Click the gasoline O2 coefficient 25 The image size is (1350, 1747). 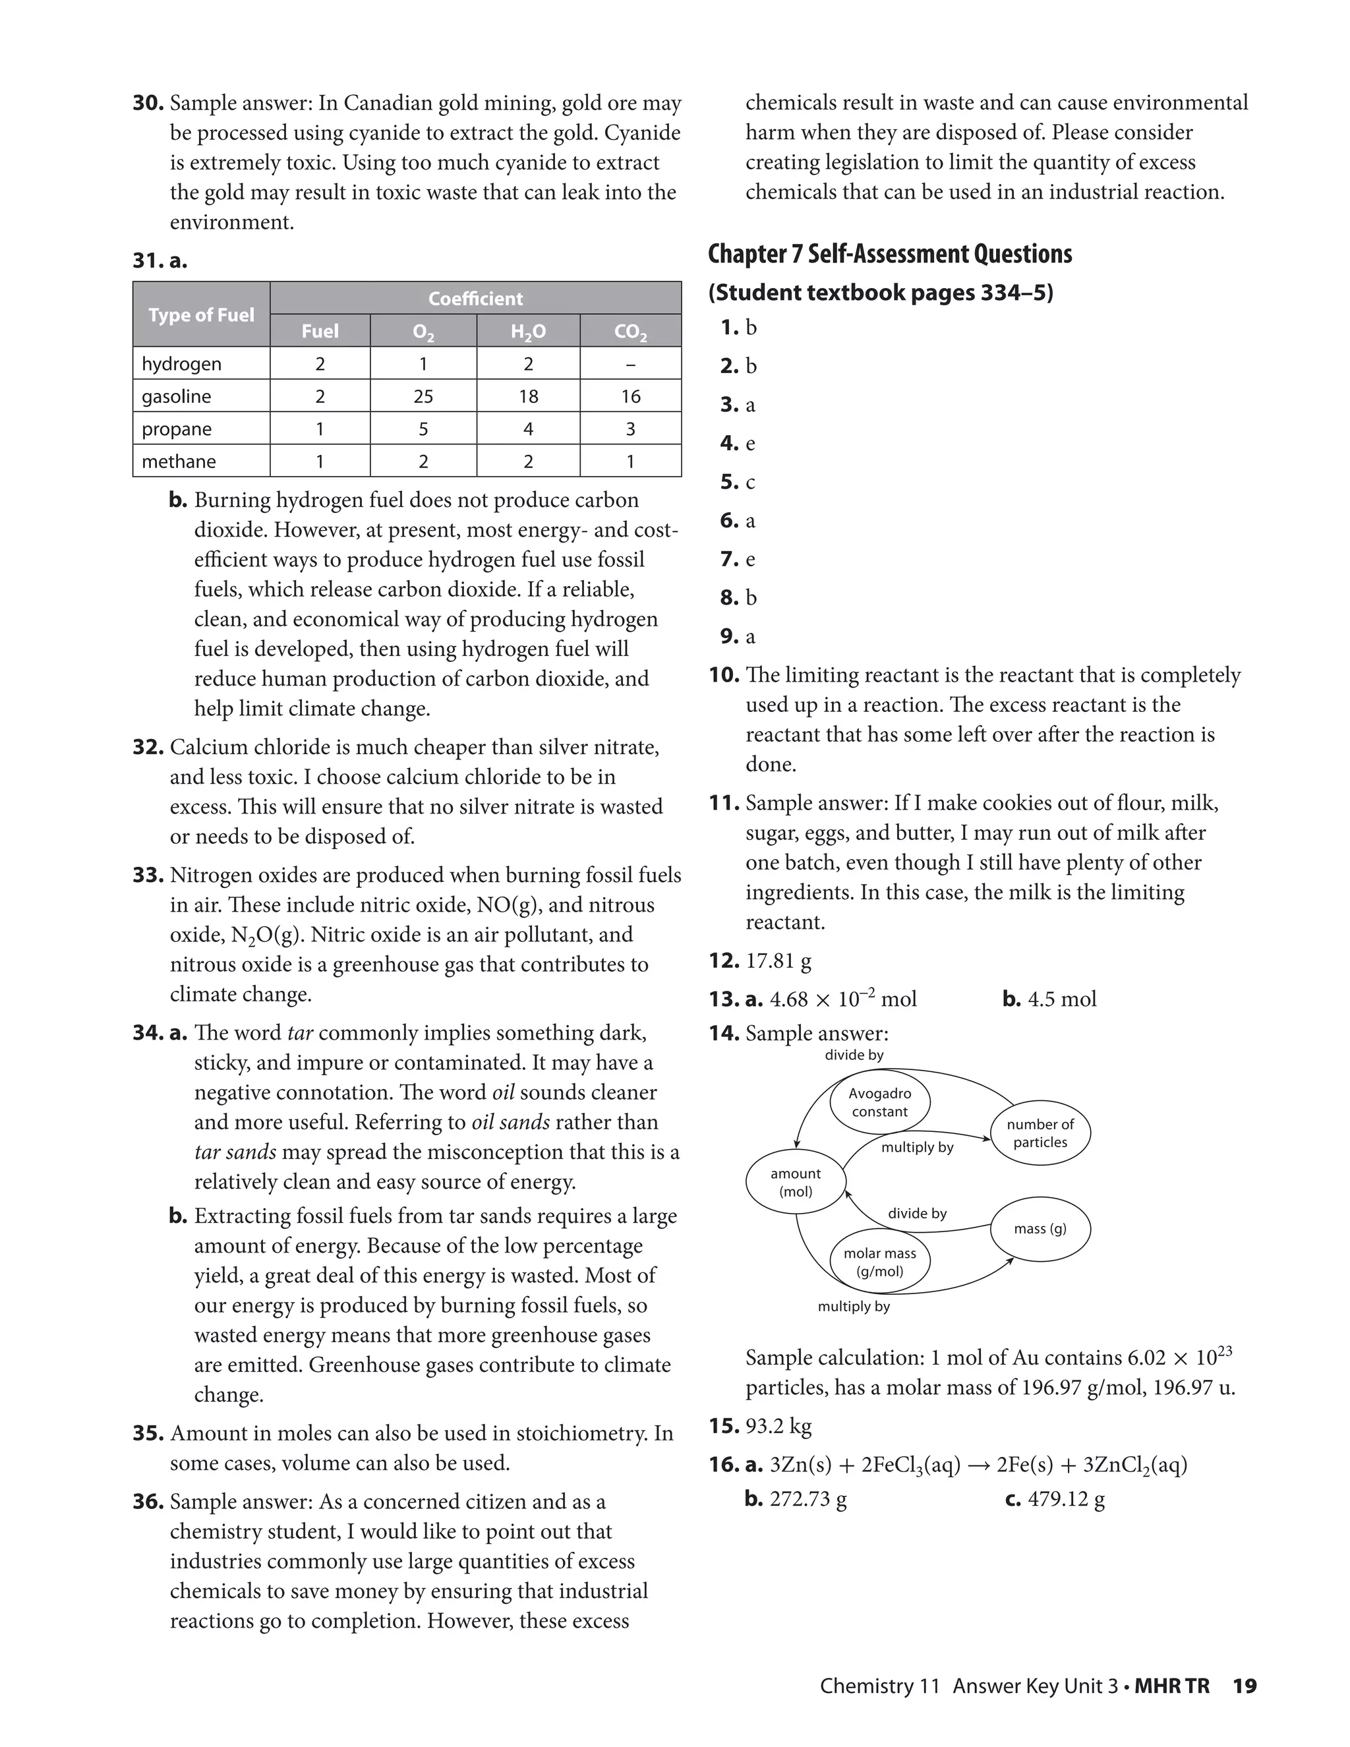click(423, 396)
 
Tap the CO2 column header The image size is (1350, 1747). click(630, 331)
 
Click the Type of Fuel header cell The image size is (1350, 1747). click(202, 314)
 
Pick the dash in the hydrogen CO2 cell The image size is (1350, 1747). click(630, 364)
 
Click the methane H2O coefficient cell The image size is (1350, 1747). click(528, 461)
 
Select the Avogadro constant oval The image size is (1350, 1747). click(880, 1102)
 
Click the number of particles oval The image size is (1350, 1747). click(1040, 1133)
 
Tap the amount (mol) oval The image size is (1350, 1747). click(796, 1182)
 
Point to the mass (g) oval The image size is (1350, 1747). click(1040, 1229)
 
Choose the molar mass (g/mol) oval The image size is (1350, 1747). click(880, 1262)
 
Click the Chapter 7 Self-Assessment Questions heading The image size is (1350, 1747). click(889, 254)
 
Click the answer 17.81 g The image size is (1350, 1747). click(778, 961)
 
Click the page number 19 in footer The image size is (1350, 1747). click(1245, 1686)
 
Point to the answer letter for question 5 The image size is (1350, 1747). click(750, 483)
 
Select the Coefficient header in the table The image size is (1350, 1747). click(475, 299)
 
